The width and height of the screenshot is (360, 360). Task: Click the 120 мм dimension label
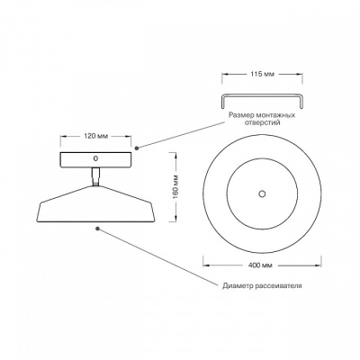pos(95,136)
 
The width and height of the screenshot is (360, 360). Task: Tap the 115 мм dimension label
pos(262,74)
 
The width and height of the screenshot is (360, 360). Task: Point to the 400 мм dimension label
pos(260,265)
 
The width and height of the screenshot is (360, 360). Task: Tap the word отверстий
pos(263,122)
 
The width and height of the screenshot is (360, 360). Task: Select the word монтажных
pos(276,115)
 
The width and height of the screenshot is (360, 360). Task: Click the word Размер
pos(242,115)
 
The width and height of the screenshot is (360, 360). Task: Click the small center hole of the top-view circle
pos(262,193)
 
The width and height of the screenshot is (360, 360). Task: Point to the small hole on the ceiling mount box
pos(95,157)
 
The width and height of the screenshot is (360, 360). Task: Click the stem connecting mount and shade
pos(95,177)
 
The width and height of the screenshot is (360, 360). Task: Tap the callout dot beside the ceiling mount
pos(137,148)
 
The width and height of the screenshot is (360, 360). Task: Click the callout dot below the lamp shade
pos(97,229)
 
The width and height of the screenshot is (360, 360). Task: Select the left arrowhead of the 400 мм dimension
pos(206,265)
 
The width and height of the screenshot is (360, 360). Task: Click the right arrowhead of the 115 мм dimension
pos(300,74)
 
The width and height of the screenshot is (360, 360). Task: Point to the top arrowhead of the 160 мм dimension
pos(175,156)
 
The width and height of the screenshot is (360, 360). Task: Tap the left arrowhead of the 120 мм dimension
pos(64,136)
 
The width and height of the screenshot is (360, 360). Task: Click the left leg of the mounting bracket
pos(223,101)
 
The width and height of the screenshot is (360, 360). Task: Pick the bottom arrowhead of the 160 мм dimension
pos(175,219)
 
